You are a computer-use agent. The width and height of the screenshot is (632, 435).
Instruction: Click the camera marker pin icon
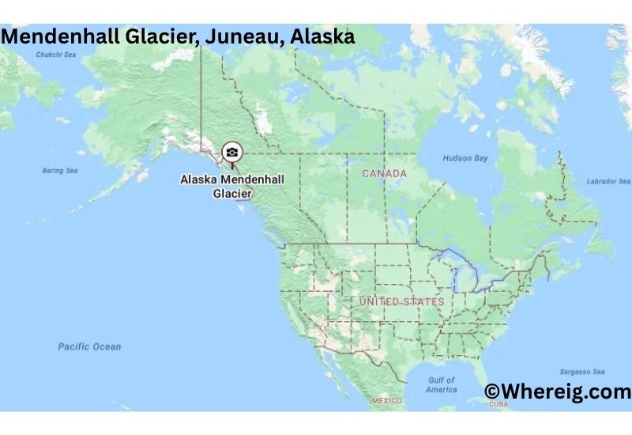[231, 152]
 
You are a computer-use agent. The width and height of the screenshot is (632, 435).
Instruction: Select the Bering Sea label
[59, 170]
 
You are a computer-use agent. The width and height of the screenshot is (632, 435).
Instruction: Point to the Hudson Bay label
[465, 158]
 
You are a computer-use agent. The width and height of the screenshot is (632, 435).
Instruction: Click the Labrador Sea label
[608, 182]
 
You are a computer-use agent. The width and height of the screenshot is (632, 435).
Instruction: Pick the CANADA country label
[384, 173]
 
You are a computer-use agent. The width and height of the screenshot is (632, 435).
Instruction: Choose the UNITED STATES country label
[401, 302]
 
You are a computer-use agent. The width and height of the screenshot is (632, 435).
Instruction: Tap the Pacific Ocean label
[89, 346]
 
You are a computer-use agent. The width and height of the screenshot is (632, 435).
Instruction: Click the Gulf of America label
[441, 384]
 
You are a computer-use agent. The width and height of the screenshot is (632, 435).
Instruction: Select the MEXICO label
[387, 401]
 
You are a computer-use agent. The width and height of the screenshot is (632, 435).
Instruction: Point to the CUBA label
[498, 404]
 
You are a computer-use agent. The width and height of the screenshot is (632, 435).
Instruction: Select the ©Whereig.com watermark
[558, 391]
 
